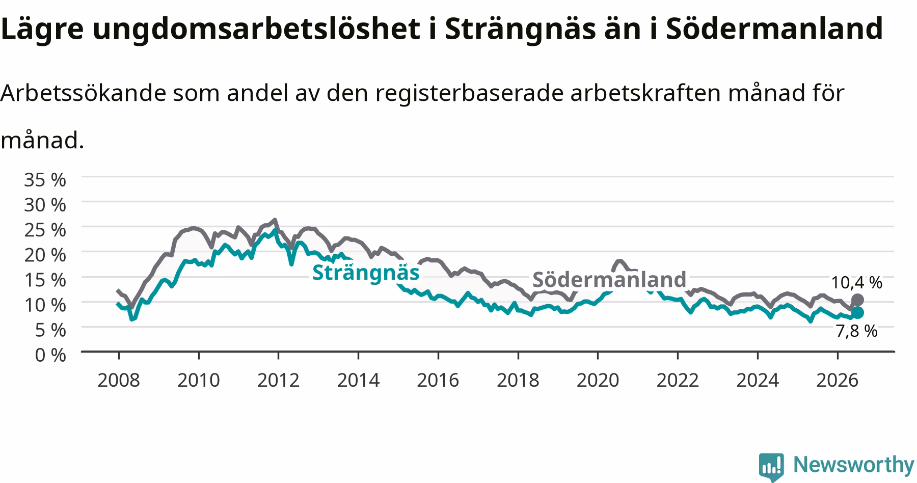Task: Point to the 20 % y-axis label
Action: (x=45, y=254)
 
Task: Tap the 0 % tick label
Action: (x=50, y=355)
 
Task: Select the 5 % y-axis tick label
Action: (x=50, y=330)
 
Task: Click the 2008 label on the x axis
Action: (x=118, y=380)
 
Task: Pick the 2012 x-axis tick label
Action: (x=278, y=380)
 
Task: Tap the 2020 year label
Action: (x=598, y=380)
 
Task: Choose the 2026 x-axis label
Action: (x=838, y=380)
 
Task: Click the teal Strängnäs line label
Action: (x=366, y=273)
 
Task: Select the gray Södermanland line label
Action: (x=609, y=280)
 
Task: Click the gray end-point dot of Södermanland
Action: (x=857, y=300)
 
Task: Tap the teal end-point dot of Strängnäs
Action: (x=857, y=312)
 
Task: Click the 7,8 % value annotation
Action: (x=857, y=331)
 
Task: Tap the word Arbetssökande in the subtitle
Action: (x=84, y=93)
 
